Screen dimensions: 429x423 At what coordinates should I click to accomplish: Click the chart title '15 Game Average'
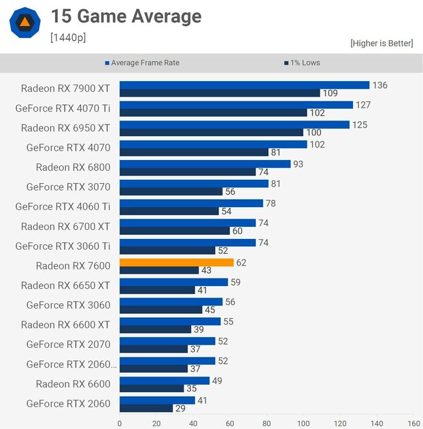[x=126, y=16]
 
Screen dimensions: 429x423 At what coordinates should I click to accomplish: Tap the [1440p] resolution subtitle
[x=68, y=37]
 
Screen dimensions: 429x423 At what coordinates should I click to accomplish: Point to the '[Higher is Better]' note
[x=382, y=43]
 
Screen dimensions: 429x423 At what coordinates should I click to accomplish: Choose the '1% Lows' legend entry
[x=301, y=63]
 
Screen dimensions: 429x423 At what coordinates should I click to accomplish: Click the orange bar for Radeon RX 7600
[x=176, y=262]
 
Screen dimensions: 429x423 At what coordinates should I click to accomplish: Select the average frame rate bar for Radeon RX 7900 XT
[x=244, y=85]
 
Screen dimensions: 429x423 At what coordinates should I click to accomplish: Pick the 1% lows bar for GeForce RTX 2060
[x=146, y=408]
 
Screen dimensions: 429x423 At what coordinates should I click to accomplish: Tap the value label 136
[x=380, y=85]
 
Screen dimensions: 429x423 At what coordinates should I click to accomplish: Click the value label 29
[x=181, y=408]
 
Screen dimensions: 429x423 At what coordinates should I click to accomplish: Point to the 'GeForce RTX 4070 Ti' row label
[x=63, y=108]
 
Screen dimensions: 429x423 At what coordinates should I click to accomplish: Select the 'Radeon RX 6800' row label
[x=73, y=167]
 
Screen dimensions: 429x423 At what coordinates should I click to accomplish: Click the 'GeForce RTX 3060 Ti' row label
[x=63, y=246]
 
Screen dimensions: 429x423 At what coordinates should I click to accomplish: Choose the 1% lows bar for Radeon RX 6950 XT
[x=211, y=132]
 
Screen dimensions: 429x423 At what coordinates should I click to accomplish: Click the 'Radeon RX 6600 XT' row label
[x=65, y=325]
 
